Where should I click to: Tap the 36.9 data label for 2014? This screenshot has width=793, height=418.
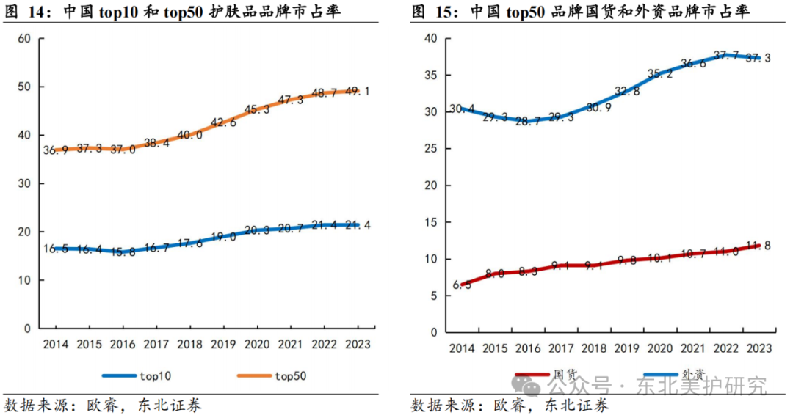(55, 150)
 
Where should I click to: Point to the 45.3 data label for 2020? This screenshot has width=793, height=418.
(256, 110)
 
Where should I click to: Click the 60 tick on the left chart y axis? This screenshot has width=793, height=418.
(23, 38)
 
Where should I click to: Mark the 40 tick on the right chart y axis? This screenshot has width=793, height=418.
(430, 38)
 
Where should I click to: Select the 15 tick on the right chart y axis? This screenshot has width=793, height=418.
(430, 222)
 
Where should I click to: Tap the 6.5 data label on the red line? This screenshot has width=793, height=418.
(462, 285)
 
